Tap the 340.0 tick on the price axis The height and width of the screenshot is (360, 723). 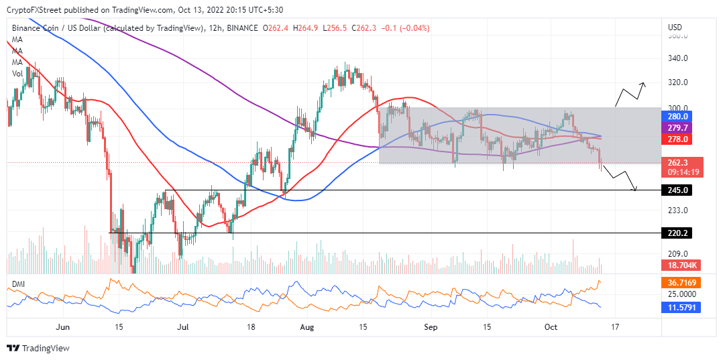[677, 58]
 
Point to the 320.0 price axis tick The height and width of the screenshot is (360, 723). [677, 82]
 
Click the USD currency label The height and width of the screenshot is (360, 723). [675, 27]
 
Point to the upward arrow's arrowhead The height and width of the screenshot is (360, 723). [644, 84]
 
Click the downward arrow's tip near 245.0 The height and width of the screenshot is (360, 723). [634, 190]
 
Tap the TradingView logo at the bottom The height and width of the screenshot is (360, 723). [38, 348]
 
